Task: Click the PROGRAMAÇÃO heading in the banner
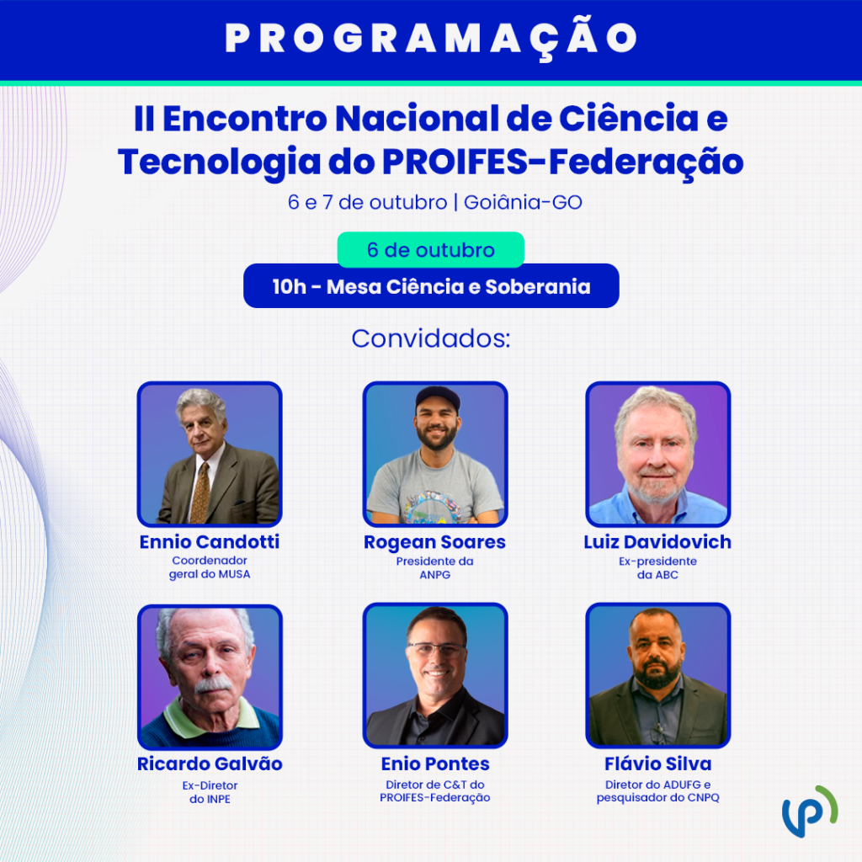pos(431,39)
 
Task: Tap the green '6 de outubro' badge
pos(430,250)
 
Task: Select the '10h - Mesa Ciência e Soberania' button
pos(431,286)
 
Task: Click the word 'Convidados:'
pos(431,338)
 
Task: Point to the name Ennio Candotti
pos(210,542)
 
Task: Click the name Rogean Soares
pos(435,543)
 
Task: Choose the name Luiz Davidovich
pos(657,542)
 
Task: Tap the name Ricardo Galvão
pos(210,764)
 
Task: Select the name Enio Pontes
pos(435,764)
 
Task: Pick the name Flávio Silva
pos(658,764)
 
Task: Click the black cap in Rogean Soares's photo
pos(438,398)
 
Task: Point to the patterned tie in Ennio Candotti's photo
pos(200,493)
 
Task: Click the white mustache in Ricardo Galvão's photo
pos(213,684)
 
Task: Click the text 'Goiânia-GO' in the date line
pos(523,202)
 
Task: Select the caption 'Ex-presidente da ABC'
pos(657,568)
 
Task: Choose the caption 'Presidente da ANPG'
pos(435,568)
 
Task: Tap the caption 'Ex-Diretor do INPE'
pos(210,792)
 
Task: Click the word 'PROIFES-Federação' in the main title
pos(563,162)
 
